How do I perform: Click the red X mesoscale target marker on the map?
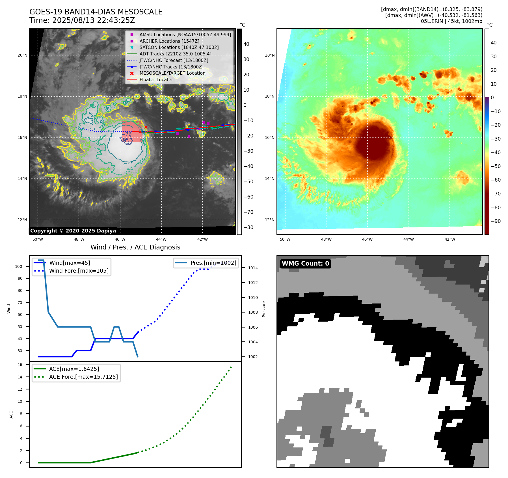[x=146, y=127]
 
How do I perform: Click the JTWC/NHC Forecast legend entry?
[x=174, y=60]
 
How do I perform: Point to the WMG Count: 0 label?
[x=305, y=264]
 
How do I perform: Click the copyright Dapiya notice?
[x=73, y=231]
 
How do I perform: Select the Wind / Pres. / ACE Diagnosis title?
[x=135, y=247]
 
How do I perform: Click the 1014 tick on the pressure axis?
[x=253, y=268]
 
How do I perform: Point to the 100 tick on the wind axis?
[x=19, y=266]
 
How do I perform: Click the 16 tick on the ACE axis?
[x=20, y=365]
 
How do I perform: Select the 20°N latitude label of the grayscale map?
[x=23, y=55]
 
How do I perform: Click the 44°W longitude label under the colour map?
[x=408, y=239]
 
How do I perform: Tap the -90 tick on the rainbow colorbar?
[x=496, y=221]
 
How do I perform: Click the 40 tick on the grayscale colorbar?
[x=246, y=44]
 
